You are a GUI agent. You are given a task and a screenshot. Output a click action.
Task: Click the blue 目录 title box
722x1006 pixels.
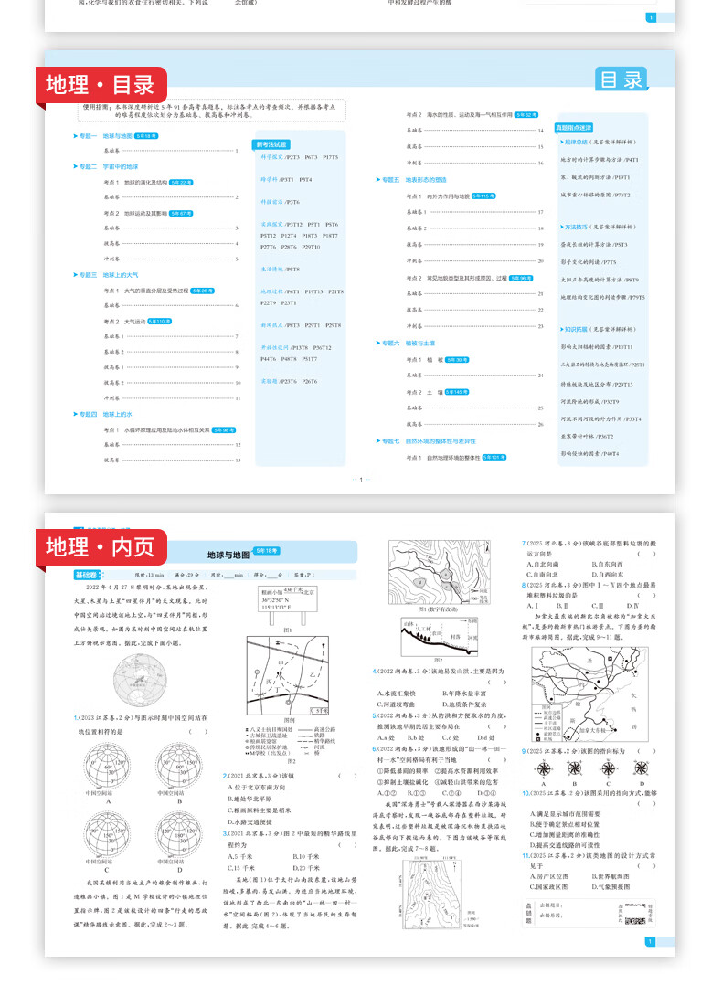pos(622,79)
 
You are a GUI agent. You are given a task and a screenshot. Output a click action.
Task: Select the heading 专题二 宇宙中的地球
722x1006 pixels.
pos(107,166)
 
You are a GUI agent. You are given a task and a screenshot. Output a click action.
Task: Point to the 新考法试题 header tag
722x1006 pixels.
pos(271,144)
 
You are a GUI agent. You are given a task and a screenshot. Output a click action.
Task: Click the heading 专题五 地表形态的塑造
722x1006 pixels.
pos(412,180)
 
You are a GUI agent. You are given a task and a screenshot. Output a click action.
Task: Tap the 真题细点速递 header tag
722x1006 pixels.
pos(574,128)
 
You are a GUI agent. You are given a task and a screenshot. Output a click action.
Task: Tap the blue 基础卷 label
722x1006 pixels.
pos(89,575)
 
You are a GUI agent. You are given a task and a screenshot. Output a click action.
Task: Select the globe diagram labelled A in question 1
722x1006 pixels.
pos(97,766)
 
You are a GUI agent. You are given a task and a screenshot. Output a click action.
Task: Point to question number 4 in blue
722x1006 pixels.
pos(375,672)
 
